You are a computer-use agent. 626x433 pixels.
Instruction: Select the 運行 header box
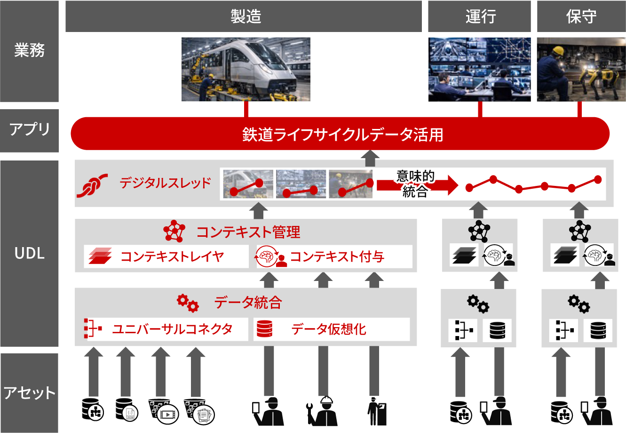click(x=479, y=16)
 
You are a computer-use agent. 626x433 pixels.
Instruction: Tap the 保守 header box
click(x=581, y=16)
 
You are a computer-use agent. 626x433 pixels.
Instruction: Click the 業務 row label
click(x=29, y=51)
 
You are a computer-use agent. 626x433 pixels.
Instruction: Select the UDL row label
click(x=29, y=253)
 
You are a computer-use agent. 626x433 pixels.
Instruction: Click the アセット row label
click(x=29, y=393)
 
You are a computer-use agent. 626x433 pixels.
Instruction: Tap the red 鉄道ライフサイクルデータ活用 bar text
click(x=342, y=135)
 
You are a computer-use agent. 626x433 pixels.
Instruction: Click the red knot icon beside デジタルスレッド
click(x=92, y=184)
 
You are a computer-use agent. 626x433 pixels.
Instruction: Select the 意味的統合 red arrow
click(x=416, y=184)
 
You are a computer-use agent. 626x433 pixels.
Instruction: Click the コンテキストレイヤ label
click(x=172, y=257)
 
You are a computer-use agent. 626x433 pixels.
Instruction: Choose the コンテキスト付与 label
click(x=337, y=257)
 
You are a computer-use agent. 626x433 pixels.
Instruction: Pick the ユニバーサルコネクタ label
click(x=172, y=329)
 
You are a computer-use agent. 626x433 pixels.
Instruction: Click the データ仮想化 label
click(x=328, y=329)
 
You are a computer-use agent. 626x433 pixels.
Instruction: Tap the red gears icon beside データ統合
click(x=188, y=303)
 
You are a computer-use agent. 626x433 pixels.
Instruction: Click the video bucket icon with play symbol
click(x=163, y=411)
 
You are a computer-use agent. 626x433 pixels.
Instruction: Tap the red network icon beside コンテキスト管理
click(x=174, y=231)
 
